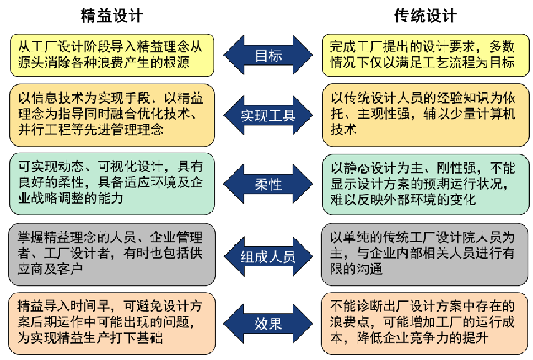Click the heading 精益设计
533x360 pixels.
(x=112, y=16)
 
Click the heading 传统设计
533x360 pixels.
(x=425, y=16)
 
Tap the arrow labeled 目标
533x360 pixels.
(x=268, y=55)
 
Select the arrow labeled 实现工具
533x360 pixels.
(x=268, y=116)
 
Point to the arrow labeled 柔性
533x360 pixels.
(x=268, y=184)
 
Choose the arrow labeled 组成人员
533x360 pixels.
(x=268, y=256)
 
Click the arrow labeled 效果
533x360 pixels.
(x=268, y=323)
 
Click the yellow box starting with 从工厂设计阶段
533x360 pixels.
(x=112, y=55)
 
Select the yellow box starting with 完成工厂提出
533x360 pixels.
(x=425, y=55)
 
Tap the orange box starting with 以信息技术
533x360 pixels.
(x=112, y=116)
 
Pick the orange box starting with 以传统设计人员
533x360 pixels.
(x=425, y=116)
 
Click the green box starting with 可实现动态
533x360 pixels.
(x=112, y=184)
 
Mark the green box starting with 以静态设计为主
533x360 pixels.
(x=425, y=184)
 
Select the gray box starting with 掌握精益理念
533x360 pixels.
(x=112, y=255)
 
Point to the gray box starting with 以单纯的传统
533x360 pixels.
(x=425, y=255)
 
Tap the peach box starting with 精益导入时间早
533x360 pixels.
(x=112, y=323)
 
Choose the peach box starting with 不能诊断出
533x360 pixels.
(x=425, y=323)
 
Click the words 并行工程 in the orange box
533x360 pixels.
(x=44, y=130)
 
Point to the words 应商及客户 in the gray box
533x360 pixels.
(x=51, y=269)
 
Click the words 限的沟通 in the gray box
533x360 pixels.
(x=356, y=269)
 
